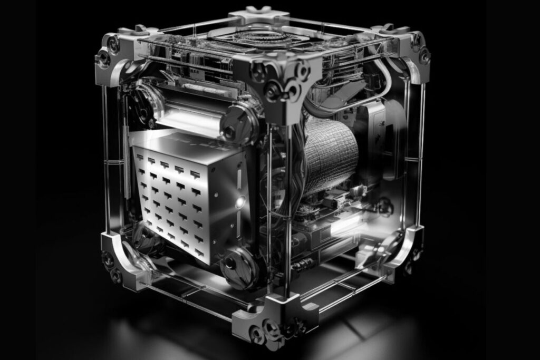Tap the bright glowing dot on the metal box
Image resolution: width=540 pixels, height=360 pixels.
click(240, 200)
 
